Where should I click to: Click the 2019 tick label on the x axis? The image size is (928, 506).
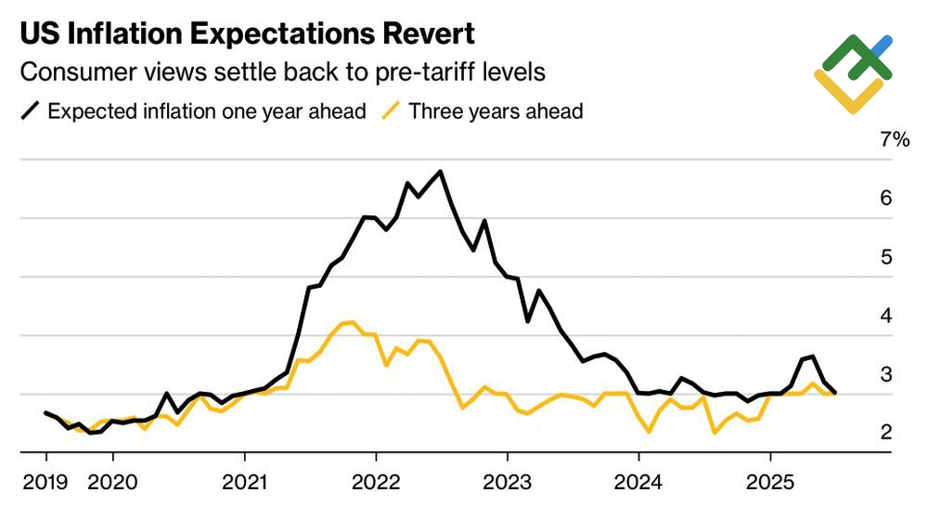coord(46,482)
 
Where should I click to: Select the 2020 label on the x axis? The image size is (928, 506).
coord(112,482)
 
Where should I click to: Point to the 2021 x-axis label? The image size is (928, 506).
coord(244,482)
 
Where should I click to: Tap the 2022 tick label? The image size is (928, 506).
coord(376,482)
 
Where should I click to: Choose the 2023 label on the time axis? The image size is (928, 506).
coord(507,482)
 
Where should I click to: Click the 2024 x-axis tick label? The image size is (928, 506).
coord(638,482)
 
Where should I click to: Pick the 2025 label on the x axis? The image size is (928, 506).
coord(769,482)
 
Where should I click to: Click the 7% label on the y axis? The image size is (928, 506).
coord(895,140)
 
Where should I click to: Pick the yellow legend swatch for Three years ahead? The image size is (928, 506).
coord(393,111)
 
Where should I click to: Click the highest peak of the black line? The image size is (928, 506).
coord(440,172)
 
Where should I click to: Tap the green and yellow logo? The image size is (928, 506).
coord(853,74)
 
